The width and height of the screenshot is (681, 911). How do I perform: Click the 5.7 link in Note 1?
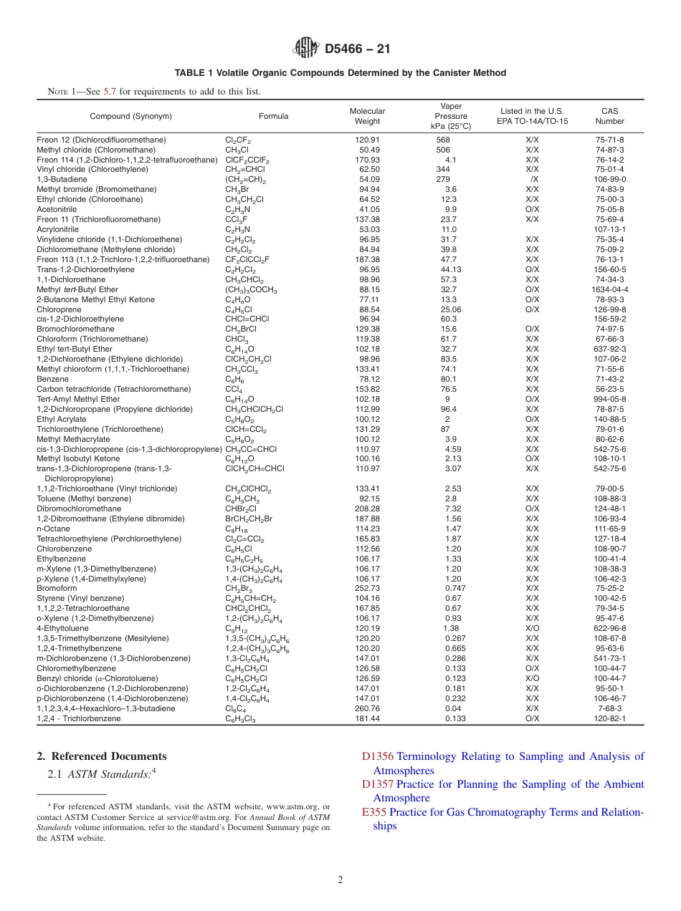(110, 92)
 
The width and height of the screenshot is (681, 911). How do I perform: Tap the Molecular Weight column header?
(367, 116)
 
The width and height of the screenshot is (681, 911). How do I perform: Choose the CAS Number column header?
(609, 116)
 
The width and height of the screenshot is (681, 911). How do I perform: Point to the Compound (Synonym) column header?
(130, 116)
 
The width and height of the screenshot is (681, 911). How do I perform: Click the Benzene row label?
(53, 379)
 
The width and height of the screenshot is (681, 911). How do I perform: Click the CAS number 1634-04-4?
(609, 289)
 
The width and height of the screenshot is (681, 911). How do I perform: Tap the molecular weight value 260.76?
(367, 708)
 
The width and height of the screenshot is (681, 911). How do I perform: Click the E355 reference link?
(374, 812)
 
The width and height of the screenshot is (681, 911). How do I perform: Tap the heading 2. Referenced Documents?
(101, 756)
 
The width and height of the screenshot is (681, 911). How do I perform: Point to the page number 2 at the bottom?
(340, 880)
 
